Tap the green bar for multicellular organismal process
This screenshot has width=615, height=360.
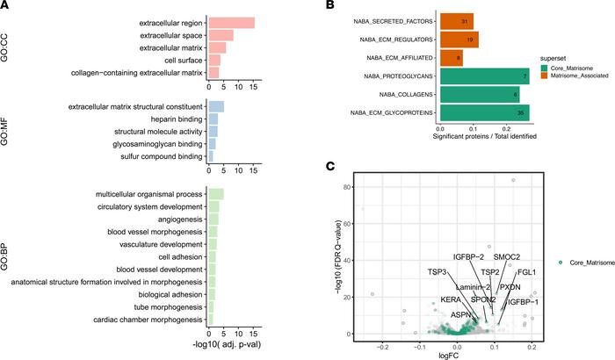(x=214, y=194)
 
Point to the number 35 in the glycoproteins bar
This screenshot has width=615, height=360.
(x=521, y=112)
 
